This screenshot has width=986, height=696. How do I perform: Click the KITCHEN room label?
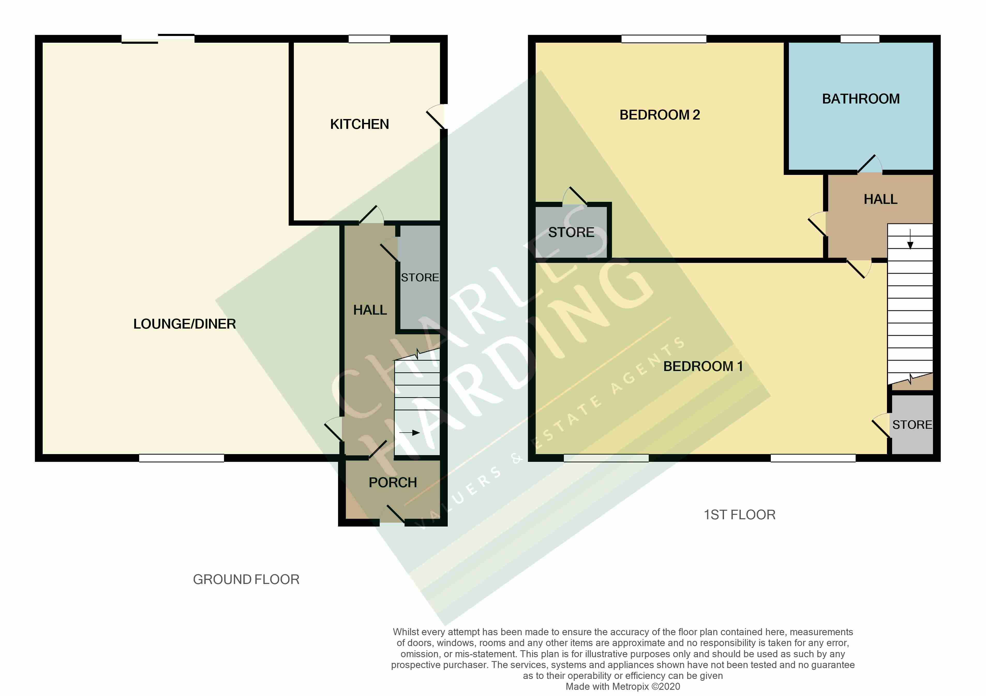360,124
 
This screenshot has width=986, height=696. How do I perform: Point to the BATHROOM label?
861,99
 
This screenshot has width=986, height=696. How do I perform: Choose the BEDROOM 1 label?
703,366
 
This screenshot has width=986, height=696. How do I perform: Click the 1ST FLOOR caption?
740,514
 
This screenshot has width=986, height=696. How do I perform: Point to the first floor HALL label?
880,199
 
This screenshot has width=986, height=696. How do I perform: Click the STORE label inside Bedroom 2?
571,232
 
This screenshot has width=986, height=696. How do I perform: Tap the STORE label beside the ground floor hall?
420,278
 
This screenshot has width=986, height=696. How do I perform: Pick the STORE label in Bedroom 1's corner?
912,425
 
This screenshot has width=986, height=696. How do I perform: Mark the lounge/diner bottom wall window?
181,458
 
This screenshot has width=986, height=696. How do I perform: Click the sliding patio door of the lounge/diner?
158,39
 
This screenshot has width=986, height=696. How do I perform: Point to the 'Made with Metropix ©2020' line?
623,686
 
